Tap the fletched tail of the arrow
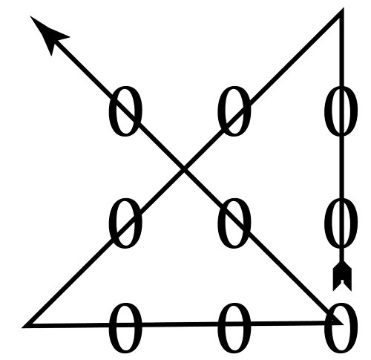pyautogui.click(x=342, y=276)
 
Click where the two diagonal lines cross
pyautogui.click(x=184, y=169)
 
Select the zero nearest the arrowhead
pyautogui.click(x=125, y=111)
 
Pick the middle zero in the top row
pyautogui.click(x=234, y=111)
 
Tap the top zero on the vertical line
pyautogui.click(x=341, y=111)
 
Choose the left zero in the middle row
pyautogui.click(x=125, y=223)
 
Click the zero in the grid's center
pyautogui.click(x=234, y=223)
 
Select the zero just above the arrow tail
pyautogui.click(x=341, y=223)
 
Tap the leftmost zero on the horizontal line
pyautogui.click(x=125, y=328)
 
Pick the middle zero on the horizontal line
pyautogui.click(x=234, y=328)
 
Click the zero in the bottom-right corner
pyautogui.click(x=341, y=328)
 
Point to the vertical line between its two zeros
pyautogui.click(x=342, y=167)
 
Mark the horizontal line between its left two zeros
pyautogui.click(x=180, y=324)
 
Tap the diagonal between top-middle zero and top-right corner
pyautogui.click(x=295, y=57)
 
